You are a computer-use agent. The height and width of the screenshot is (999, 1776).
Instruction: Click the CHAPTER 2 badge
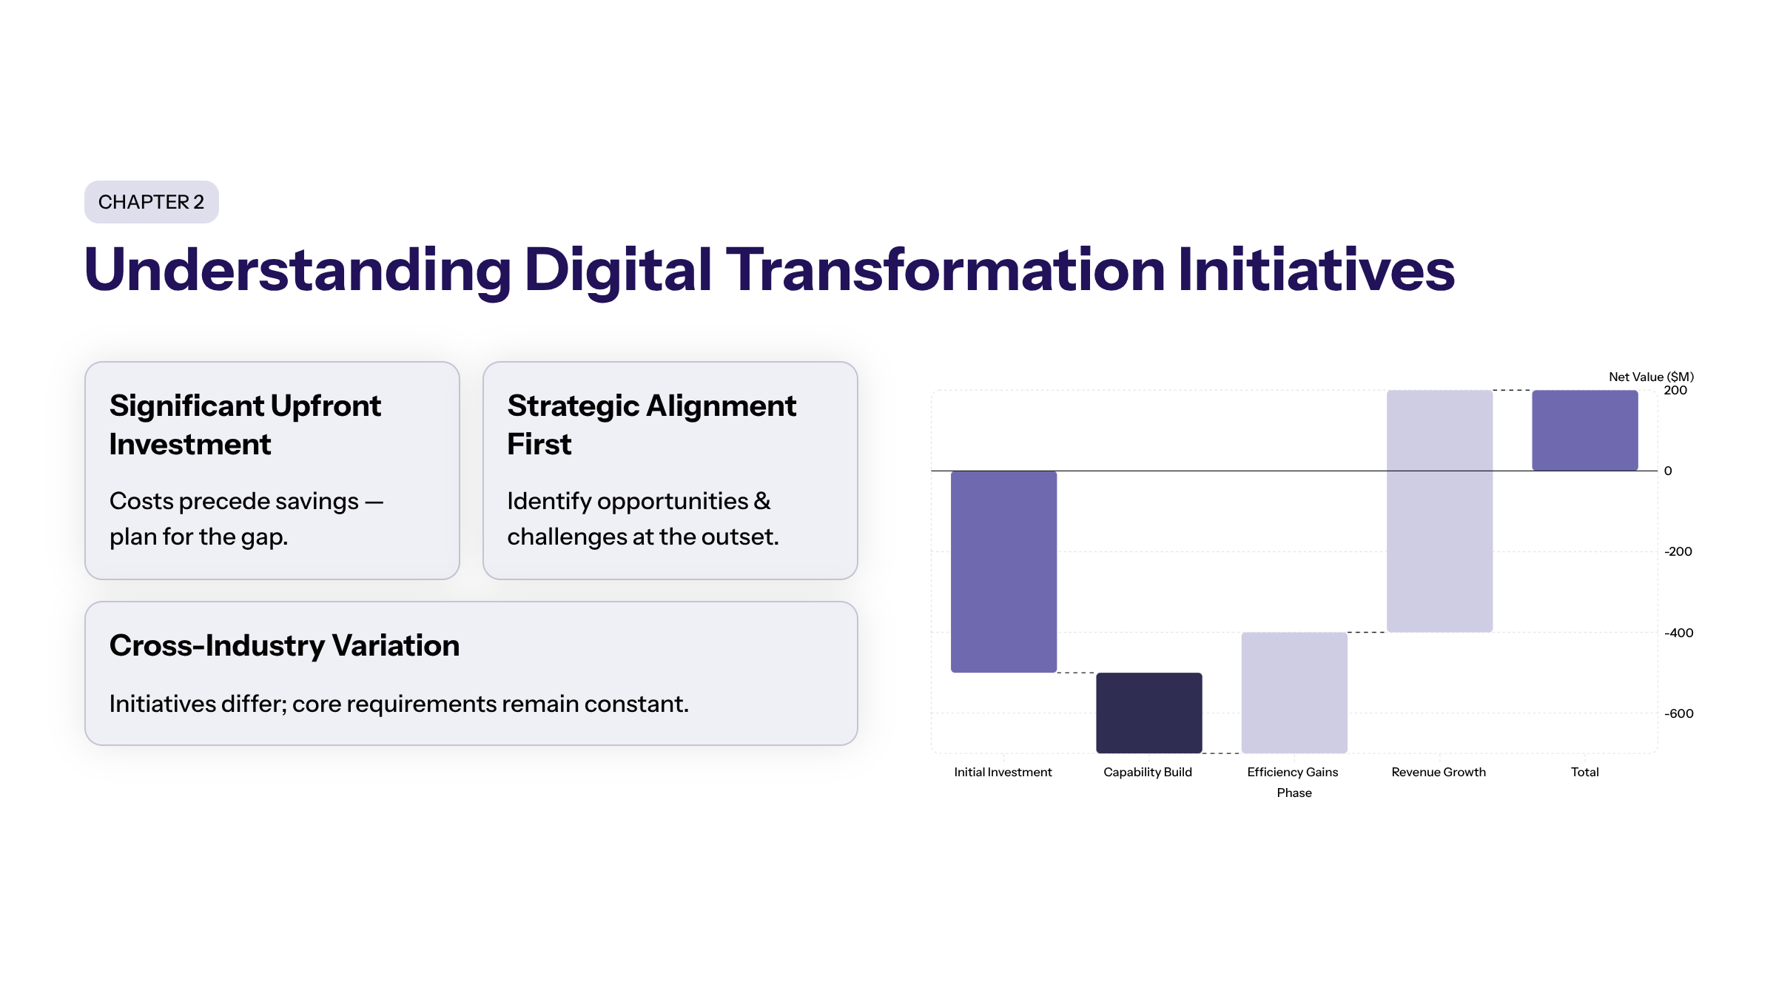pyautogui.click(x=151, y=202)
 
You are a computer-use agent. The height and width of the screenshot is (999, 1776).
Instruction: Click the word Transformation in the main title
pyautogui.click(x=946, y=269)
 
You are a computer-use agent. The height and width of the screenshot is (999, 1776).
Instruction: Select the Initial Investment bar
pyautogui.click(x=1003, y=571)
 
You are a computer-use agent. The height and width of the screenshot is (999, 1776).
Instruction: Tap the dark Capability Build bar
pyautogui.click(x=1148, y=713)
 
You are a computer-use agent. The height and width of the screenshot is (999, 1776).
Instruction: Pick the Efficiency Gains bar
pyautogui.click(x=1294, y=693)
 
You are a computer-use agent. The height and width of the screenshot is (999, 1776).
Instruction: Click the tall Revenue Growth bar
pyautogui.click(x=1439, y=511)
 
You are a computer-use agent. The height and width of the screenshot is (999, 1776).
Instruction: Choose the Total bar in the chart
pyautogui.click(x=1585, y=430)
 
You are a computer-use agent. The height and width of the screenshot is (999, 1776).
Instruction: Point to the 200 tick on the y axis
pyautogui.click(x=1675, y=391)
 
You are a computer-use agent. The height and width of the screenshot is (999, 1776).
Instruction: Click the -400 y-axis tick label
pyautogui.click(x=1678, y=633)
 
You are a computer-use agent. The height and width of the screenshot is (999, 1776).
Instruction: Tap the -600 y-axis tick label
pyautogui.click(x=1678, y=713)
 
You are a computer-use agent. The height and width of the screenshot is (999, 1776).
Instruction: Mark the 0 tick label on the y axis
pyautogui.click(x=1668, y=471)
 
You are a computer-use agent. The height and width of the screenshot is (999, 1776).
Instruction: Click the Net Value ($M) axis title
pyautogui.click(x=1651, y=377)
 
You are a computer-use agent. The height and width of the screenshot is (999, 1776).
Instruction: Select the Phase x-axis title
pyautogui.click(x=1294, y=793)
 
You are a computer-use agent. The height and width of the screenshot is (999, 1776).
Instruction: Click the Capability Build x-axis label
pyautogui.click(x=1148, y=772)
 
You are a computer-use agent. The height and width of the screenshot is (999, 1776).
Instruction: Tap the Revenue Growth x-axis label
pyautogui.click(x=1439, y=772)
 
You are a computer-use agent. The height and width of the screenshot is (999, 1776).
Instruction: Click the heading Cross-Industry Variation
pyautogui.click(x=284, y=645)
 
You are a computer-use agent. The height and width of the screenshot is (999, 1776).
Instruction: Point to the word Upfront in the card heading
pyautogui.click(x=326, y=406)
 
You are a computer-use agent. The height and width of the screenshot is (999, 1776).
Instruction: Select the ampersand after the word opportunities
pyautogui.click(x=762, y=501)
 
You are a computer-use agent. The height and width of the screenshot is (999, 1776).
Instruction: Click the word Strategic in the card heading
pyautogui.click(x=573, y=406)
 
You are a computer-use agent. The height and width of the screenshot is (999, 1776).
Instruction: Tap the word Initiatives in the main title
pyautogui.click(x=1316, y=269)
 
